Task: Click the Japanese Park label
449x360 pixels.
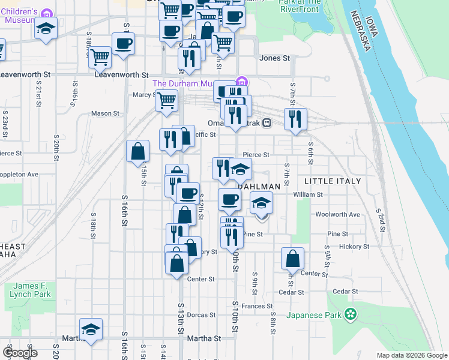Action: [313, 315]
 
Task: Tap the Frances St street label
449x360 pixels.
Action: [258, 306]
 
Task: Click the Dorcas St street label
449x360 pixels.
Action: [201, 315]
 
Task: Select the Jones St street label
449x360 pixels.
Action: [274, 58]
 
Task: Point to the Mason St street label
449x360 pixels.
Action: [105, 113]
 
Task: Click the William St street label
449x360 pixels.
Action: [308, 194]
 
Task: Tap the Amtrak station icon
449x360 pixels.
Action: [268, 124]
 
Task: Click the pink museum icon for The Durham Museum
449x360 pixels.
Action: [241, 82]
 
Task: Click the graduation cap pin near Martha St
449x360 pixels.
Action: [91, 329]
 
